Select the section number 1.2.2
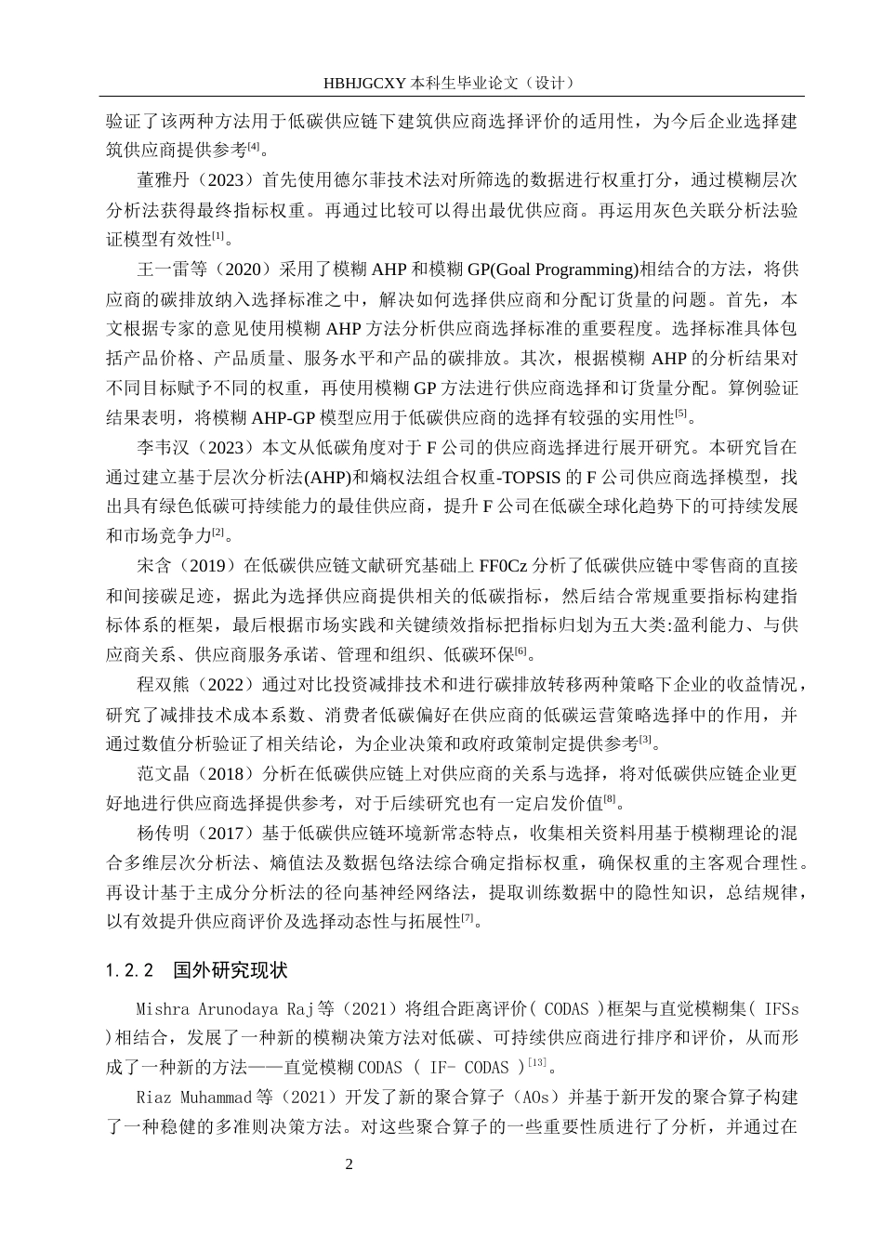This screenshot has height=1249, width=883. (130, 970)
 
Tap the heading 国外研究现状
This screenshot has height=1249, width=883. (231, 970)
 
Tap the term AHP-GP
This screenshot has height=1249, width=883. (272, 417)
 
